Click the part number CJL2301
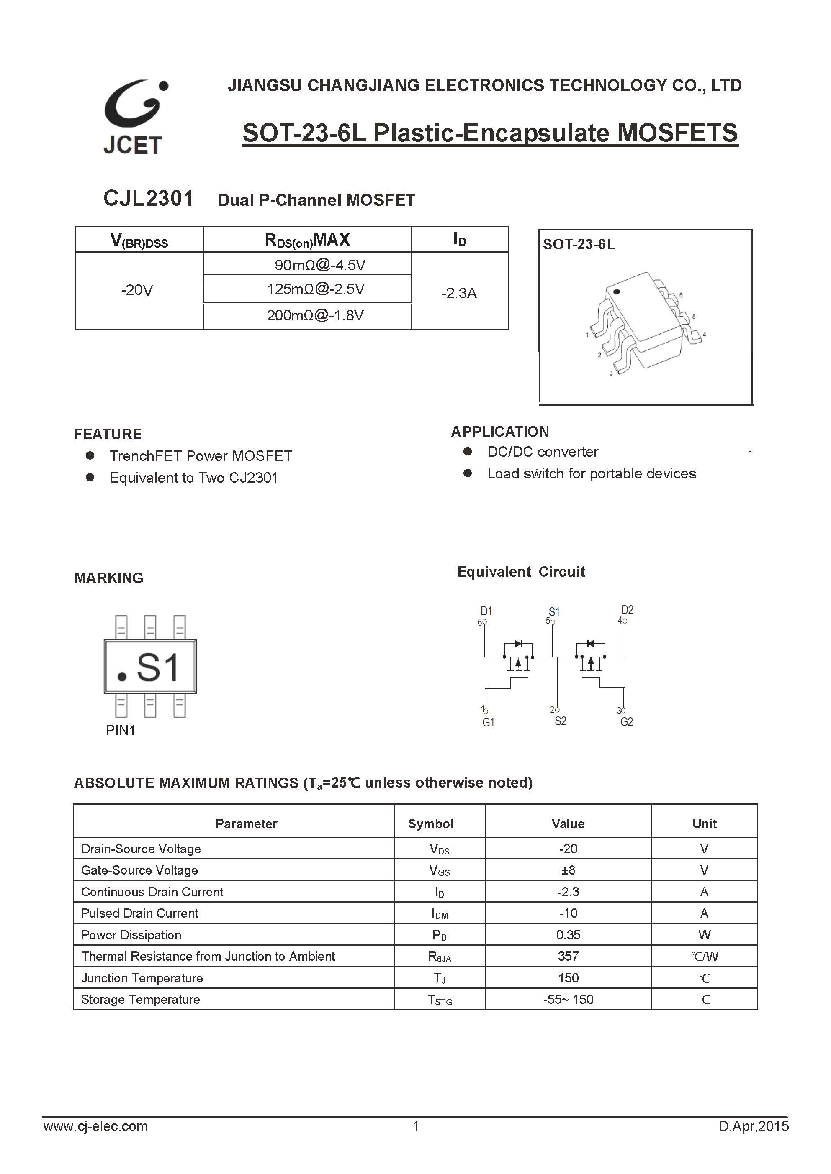click(x=148, y=198)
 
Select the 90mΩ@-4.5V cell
click(x=320, y=265)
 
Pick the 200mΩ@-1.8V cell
click(x=315, y=315)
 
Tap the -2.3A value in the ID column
click(x=459, y=293)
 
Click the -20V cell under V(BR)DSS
click(x=137, y=290)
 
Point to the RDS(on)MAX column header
click(x=307, y=240)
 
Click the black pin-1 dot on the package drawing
click(x=617, y=292)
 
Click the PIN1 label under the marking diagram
click(x=120, y=731)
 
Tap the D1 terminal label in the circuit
click(x=486, y=611)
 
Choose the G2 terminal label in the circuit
click(x=626, y=722)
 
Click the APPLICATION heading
click(x=500, y=432)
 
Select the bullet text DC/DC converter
click(x=543, y=452)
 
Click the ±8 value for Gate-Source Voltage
click(x=568, y=870)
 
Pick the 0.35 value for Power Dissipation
click(x=568, y=935)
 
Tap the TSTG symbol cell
click(x=440, y=1000)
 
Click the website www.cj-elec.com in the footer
click(x=96, y=1141)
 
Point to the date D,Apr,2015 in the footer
click(x=754, y=1141)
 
